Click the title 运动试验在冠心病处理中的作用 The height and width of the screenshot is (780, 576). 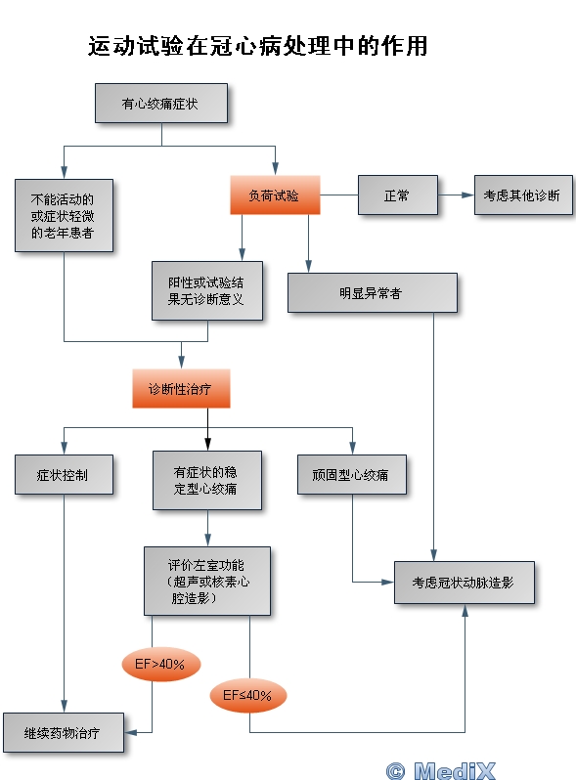pyautogui.click(x=258, y=46)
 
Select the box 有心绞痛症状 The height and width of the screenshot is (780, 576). pyautogui.click(x=161, y=104)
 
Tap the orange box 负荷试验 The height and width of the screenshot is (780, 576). pyautogui.click(x=275, y=195)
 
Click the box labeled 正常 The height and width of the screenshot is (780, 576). pyautogui.click(x=398, y=195)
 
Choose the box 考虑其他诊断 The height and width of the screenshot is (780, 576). pyautogui.click(x=523, y=195)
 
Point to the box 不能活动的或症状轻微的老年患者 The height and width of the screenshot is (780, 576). pyautogui.click(x=64, y=215)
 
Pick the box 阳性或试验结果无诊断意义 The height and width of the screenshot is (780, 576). pyautogui.click(x=207, y=290)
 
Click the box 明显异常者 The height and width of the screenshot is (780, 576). pyautogui.click(x=373, y=293)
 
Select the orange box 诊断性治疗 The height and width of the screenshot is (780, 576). pyautogui.click(x=181, y=388)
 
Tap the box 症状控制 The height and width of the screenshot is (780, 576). pyautogui.click(x=64, y=475)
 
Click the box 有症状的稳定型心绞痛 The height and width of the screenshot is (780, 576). pyautogui.click(x=207, y=481)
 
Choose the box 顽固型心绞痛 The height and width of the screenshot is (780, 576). pyautogui.click(x=352, y=475)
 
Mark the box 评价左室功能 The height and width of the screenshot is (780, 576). pyautogui.click(x=207, y=581)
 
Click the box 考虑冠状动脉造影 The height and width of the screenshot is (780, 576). pyautogui.click(x=465, y=583)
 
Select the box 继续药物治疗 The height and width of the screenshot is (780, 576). pyautogui.click(x=64, y=732)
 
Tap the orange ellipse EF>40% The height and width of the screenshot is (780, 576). pyautogui.click(x=160, y=664)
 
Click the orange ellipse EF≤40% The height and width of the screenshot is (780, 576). pyautogui.click(x=248, y=695)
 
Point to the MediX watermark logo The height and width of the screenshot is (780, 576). pyautogui.click(x=441, y=770)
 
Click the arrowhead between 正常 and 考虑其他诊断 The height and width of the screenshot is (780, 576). pyautogui.click(x=467, y=195)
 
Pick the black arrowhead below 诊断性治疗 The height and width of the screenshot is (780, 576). pyautogui.click(x=207, y=444)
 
